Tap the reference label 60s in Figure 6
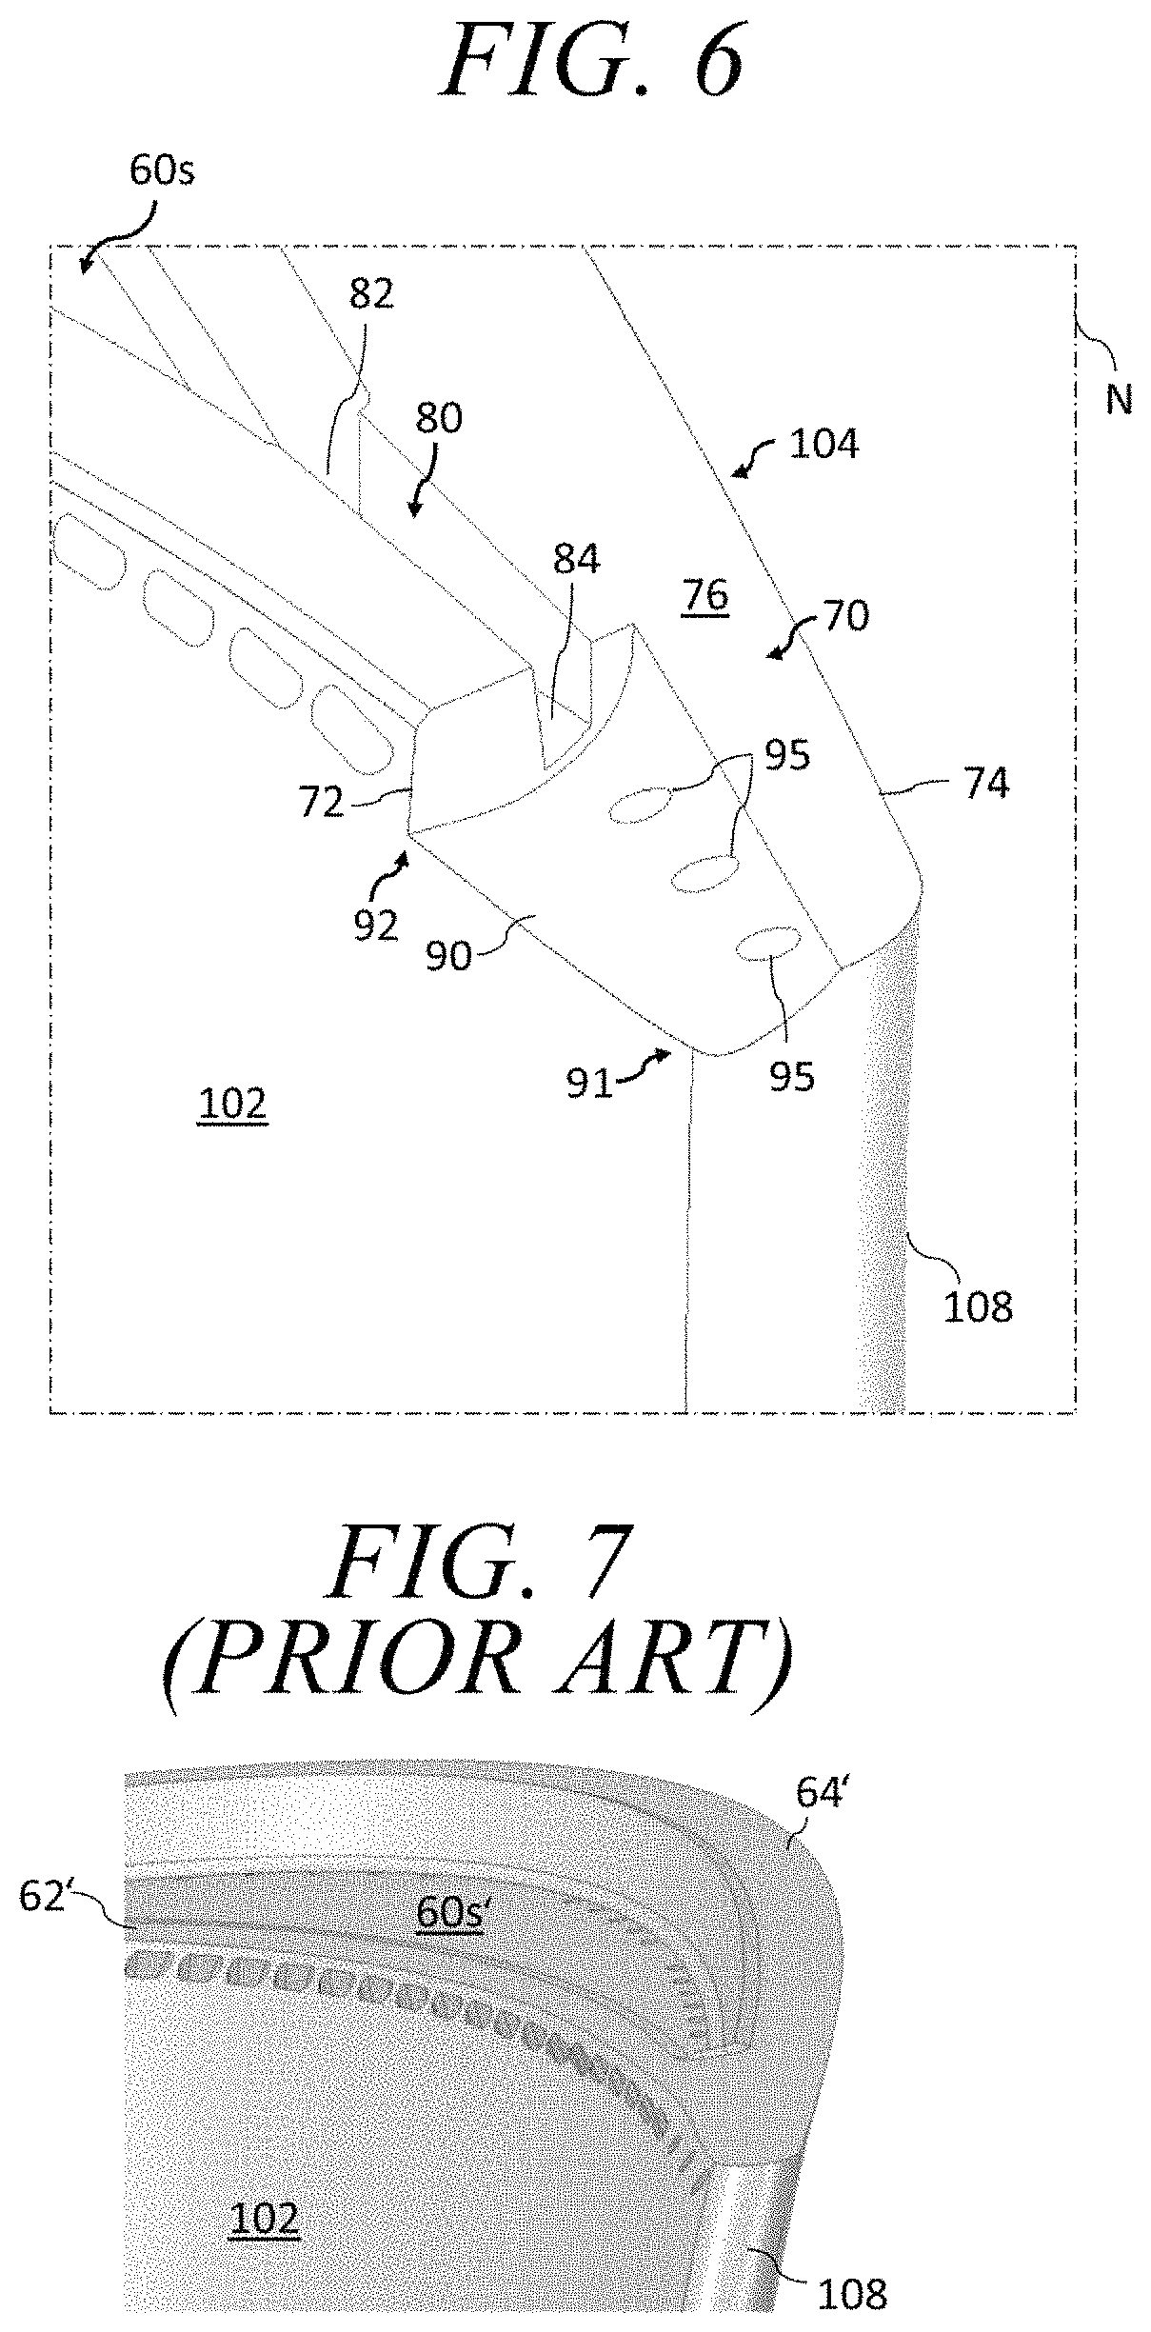pyautogui.click(x=162, y=172)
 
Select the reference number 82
pyautogui.click(x=371, y=294)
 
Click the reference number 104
pyautogui.click(x=824, y=444)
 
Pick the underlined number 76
pyautogui.click(x=705, y=596)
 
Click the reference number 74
pyautogui.click(x=985, y=784)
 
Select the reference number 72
pyautogui.click(x=320, y=803)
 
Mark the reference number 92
pyautogui.click(x=375, y=925)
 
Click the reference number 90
pyautogui.click(x=447, y=956)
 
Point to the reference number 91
pyautogui.click(x=589, y=1083)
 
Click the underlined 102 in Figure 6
pyautogui.click(x=232, y=1105)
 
